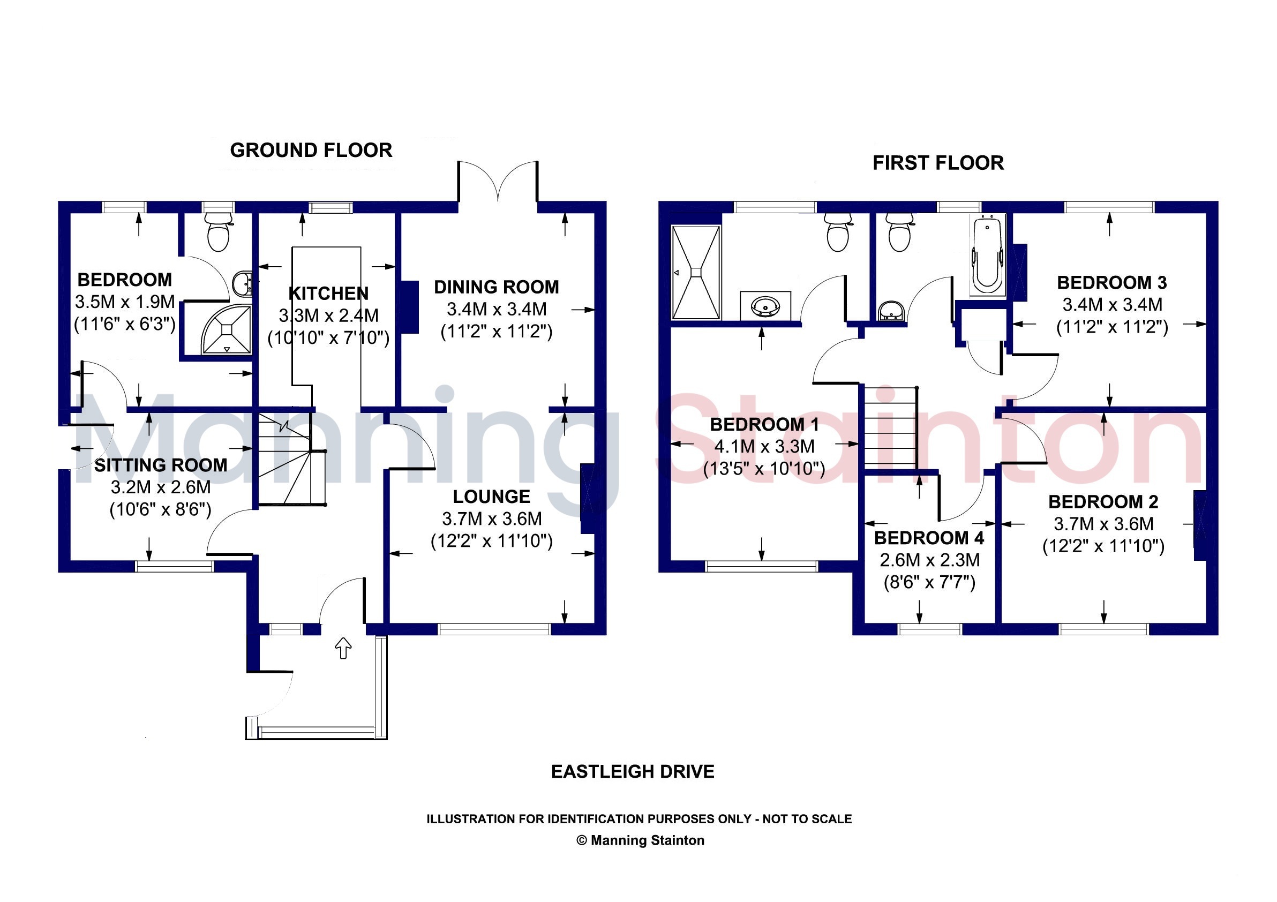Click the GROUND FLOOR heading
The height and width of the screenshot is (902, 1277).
coord(311,150)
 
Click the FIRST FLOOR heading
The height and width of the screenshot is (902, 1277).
coord(938,163)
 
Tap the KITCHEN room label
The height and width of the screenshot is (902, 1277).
coord(328,293)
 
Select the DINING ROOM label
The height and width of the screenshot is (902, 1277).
coord(496,287)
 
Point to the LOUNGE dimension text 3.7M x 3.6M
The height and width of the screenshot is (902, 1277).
coord(492,519)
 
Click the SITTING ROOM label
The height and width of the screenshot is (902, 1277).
coord(161,465)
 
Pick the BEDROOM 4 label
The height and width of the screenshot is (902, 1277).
coord(929,538)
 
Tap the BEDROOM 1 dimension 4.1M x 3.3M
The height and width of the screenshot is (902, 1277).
coord(764,446)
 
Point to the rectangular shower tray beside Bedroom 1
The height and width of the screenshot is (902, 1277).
coord(696,272)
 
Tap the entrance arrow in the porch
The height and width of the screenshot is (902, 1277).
coord(343,648)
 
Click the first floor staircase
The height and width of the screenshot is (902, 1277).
coord(890,426)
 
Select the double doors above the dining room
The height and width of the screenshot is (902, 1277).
coord(498,181)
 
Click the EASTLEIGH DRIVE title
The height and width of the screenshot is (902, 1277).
coord(633,771)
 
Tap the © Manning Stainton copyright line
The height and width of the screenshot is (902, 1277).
coord(640,840)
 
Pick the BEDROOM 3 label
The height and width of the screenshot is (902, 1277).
coord(1112,282)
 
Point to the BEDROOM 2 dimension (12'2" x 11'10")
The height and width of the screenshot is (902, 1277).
coord(1103,546)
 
